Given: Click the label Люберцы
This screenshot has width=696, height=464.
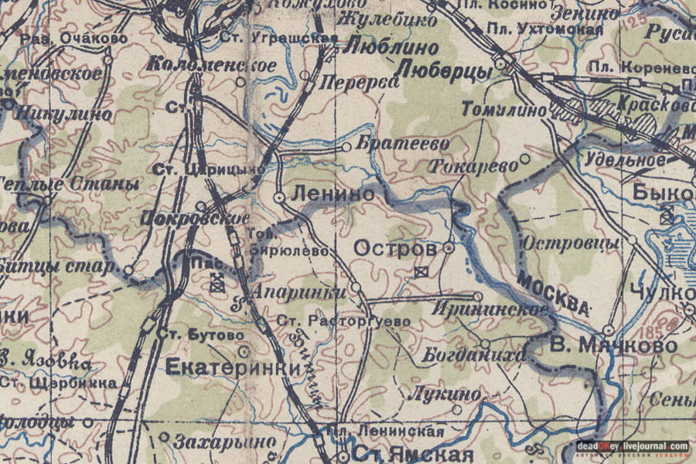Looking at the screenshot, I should click(x=444, y=70).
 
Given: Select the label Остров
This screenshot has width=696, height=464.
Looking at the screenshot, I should click(x=395, y=248).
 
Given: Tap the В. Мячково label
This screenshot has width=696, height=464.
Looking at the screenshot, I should click(x=613, y=345).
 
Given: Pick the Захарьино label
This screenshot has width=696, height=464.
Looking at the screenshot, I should click(x=224, y=442).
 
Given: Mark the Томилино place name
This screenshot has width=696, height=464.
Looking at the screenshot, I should click(x=503, y=110).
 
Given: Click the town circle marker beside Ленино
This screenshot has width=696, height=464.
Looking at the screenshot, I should click(x=279, y=198).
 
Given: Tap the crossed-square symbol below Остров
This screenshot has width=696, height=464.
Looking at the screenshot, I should click(x=421, y=271).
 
